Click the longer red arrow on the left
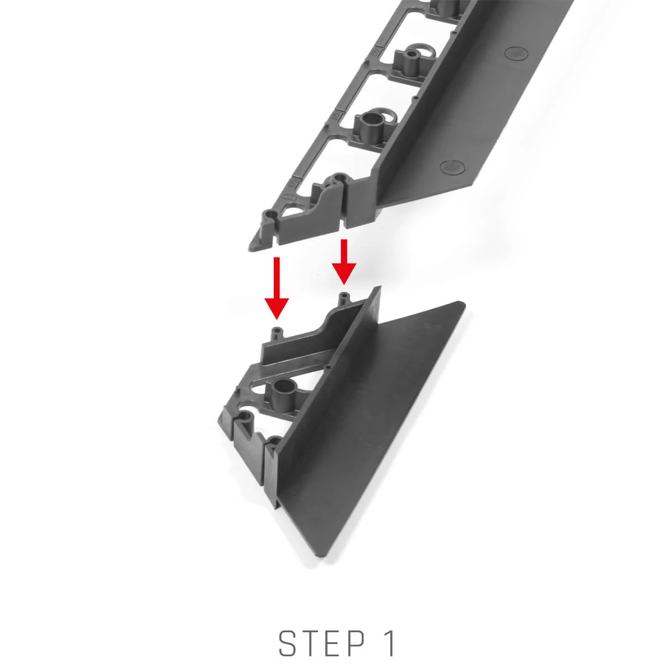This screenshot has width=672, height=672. [276, 287]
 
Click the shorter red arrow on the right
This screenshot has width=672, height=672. [344, 262]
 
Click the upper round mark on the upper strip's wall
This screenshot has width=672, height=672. [516, 53]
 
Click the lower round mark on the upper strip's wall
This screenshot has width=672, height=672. [453, 167]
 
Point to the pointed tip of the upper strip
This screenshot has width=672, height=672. [250, 248]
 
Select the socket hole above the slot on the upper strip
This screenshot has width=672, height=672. [337, 179]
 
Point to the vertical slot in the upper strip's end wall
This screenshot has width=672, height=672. [343, 206]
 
